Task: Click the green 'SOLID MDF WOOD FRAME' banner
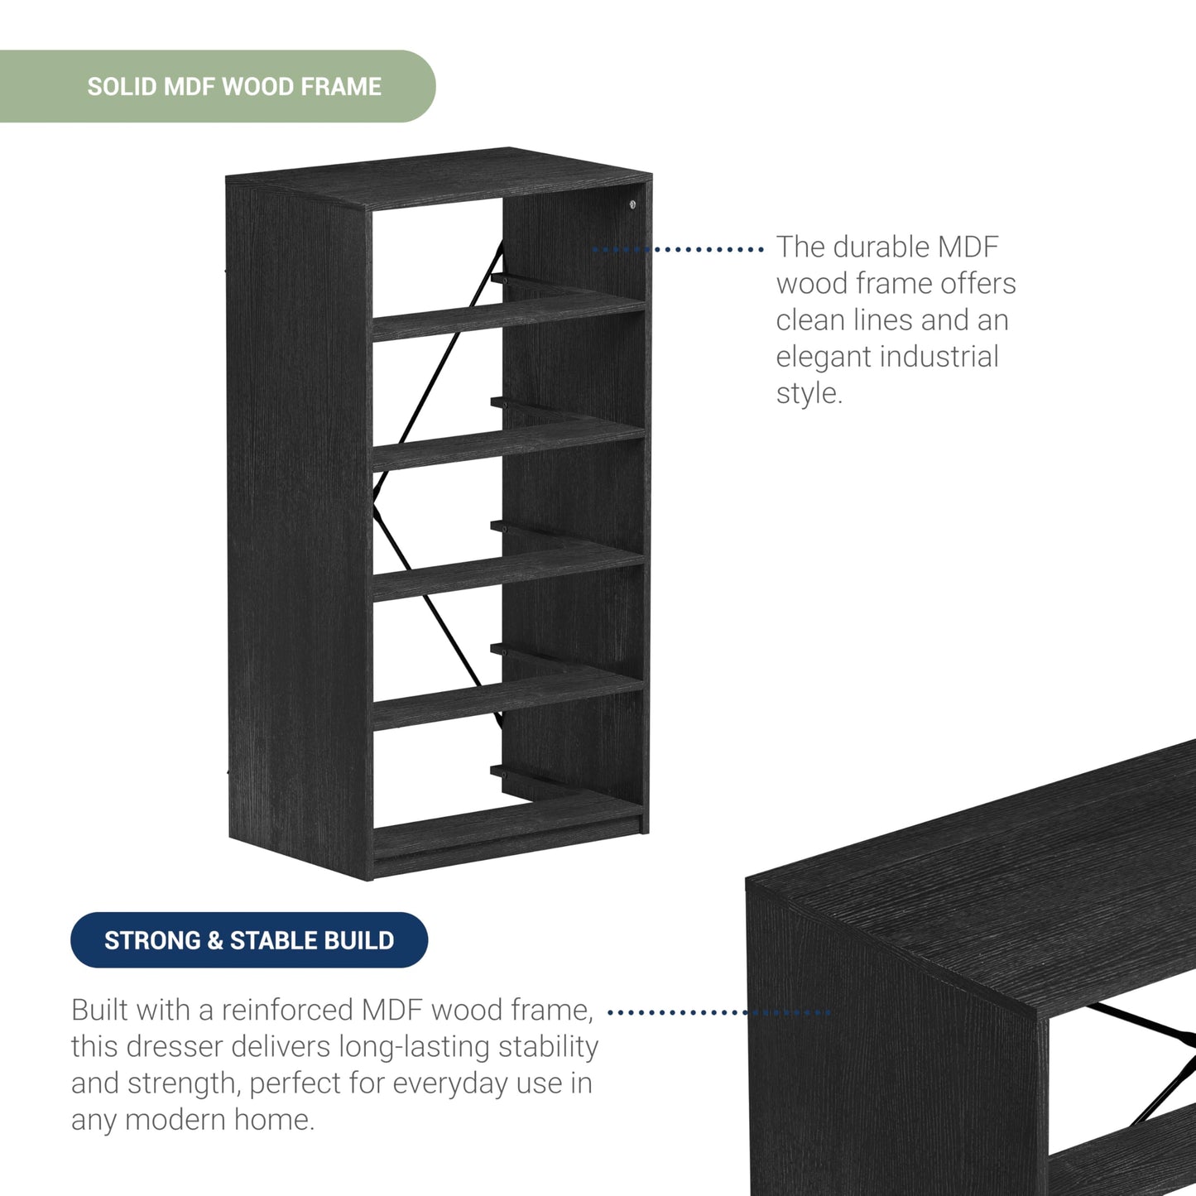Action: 217,86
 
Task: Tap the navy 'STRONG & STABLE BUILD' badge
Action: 249,940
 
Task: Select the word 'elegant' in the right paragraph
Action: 823,357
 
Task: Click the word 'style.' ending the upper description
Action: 809,393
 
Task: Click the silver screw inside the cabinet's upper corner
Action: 632,204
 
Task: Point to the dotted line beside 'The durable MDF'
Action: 678,250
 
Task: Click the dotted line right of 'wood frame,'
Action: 719,1013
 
